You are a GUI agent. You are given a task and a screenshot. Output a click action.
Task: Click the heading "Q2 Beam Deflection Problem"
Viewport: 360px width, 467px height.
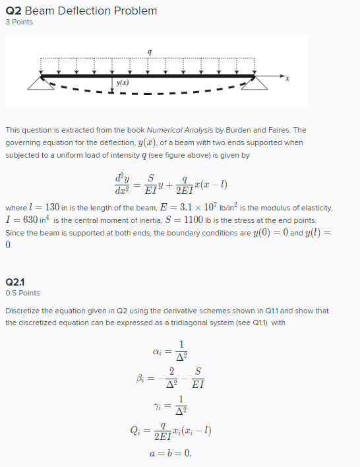81,11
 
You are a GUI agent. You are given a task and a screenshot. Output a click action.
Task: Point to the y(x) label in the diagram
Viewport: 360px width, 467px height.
123,84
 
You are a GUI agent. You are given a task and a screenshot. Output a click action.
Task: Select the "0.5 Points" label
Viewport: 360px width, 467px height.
22,293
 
